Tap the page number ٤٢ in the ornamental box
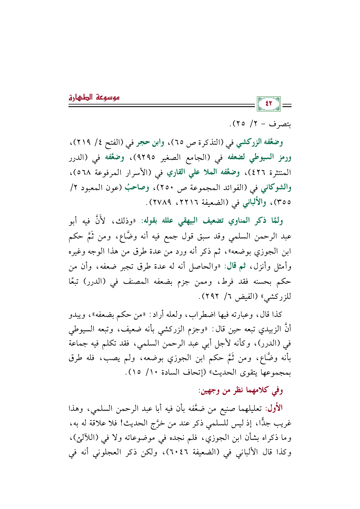pyautogui.click(x=269, y=103)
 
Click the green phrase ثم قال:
pyautogui.click(x=235, y=266)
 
